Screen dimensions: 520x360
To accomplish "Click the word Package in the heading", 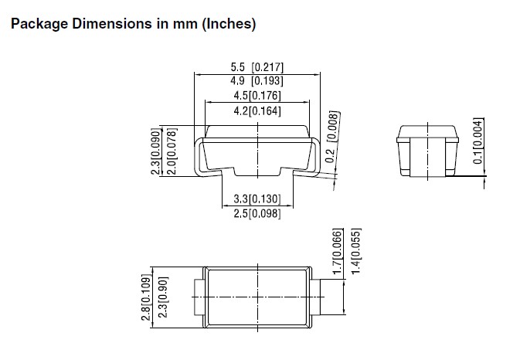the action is point(39,25).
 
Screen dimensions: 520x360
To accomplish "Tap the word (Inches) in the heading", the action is point(229,24).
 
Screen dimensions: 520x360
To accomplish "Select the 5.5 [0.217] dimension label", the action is point(257,67).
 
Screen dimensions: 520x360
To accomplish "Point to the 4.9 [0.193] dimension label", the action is point(257,80).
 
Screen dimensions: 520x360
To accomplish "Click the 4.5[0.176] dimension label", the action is point(257,96).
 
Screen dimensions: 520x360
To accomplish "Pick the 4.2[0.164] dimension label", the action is point(257,110).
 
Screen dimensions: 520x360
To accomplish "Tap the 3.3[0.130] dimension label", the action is point(257,199).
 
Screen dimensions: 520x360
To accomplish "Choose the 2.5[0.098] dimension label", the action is point(257,213).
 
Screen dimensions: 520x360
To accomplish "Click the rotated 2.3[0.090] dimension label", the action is point(156,151).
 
